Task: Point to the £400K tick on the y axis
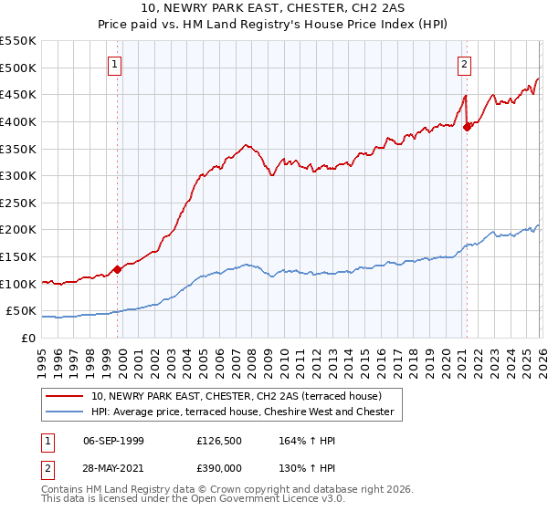[x=18, y=121]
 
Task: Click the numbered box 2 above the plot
[x=465, y=64]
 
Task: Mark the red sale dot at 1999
[x=117, y=269]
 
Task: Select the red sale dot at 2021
[x=467, y=127]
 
